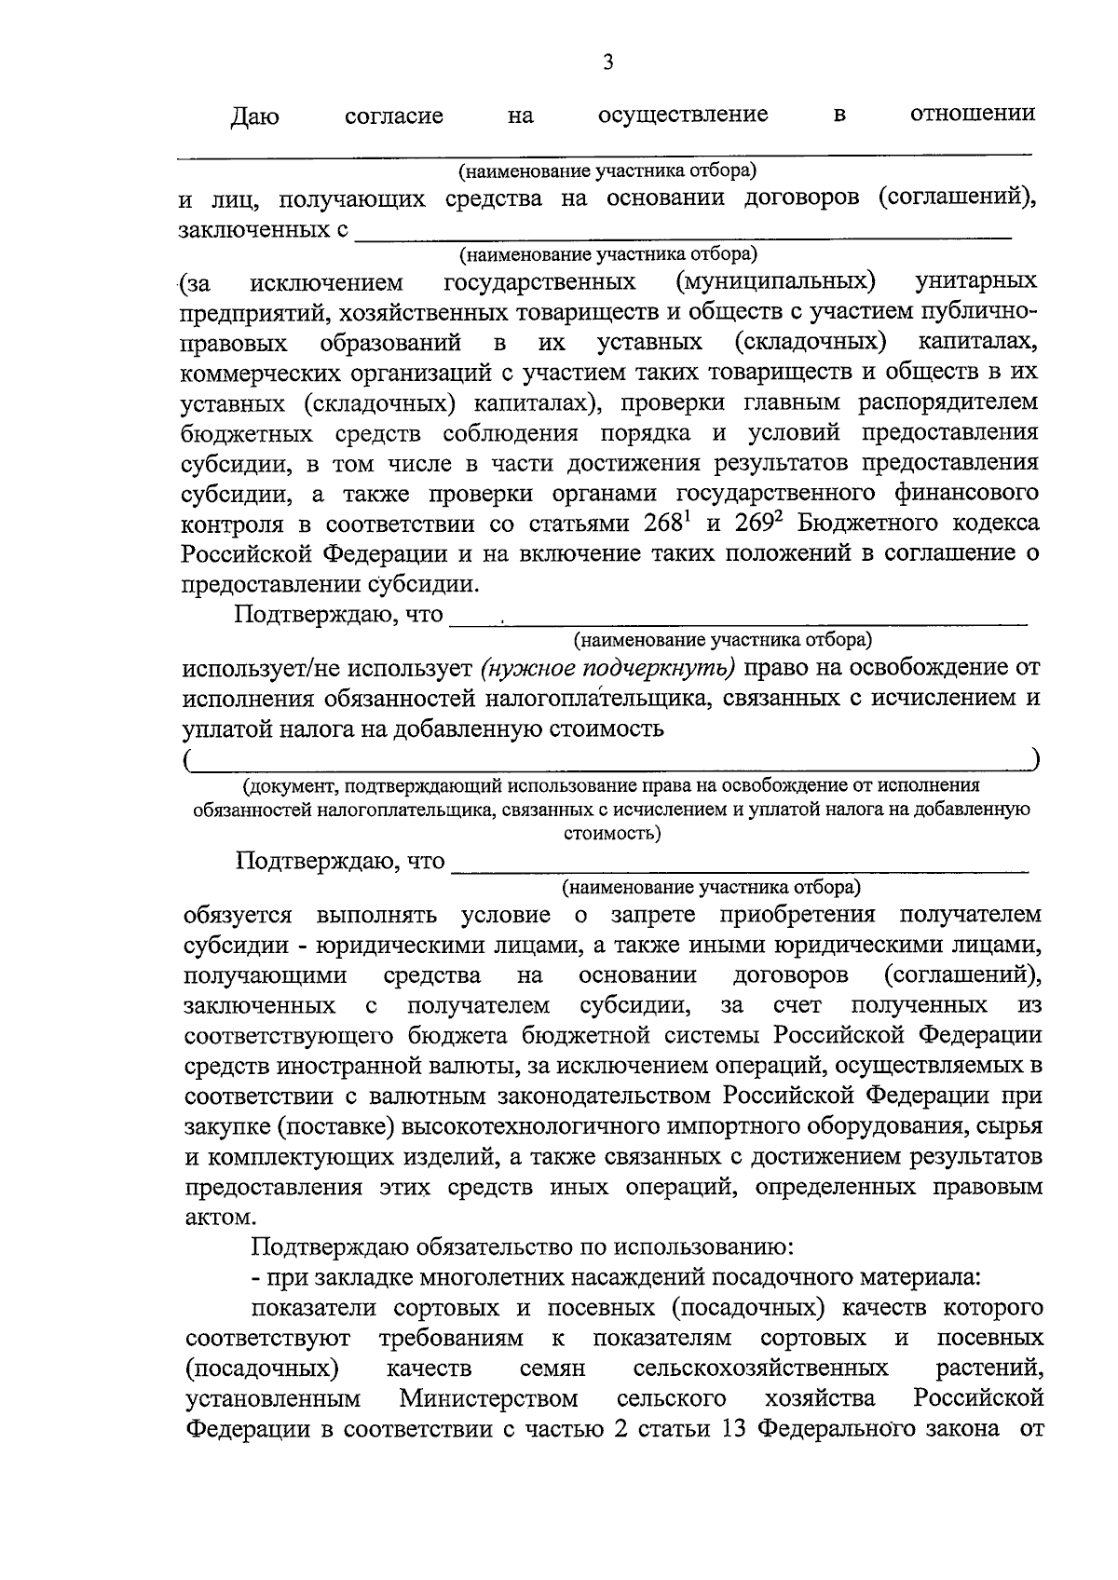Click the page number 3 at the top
click(x=607, y=63)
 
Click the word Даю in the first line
click(x=254, y=117)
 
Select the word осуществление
click(x=683, y=115)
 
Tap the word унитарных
click(x=976, y=281)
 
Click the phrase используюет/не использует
click(x=328, y=668)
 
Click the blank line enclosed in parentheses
click(x=611, y=761)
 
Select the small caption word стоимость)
click(x=612, y=833)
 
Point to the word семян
click(x=552, y=1369)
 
